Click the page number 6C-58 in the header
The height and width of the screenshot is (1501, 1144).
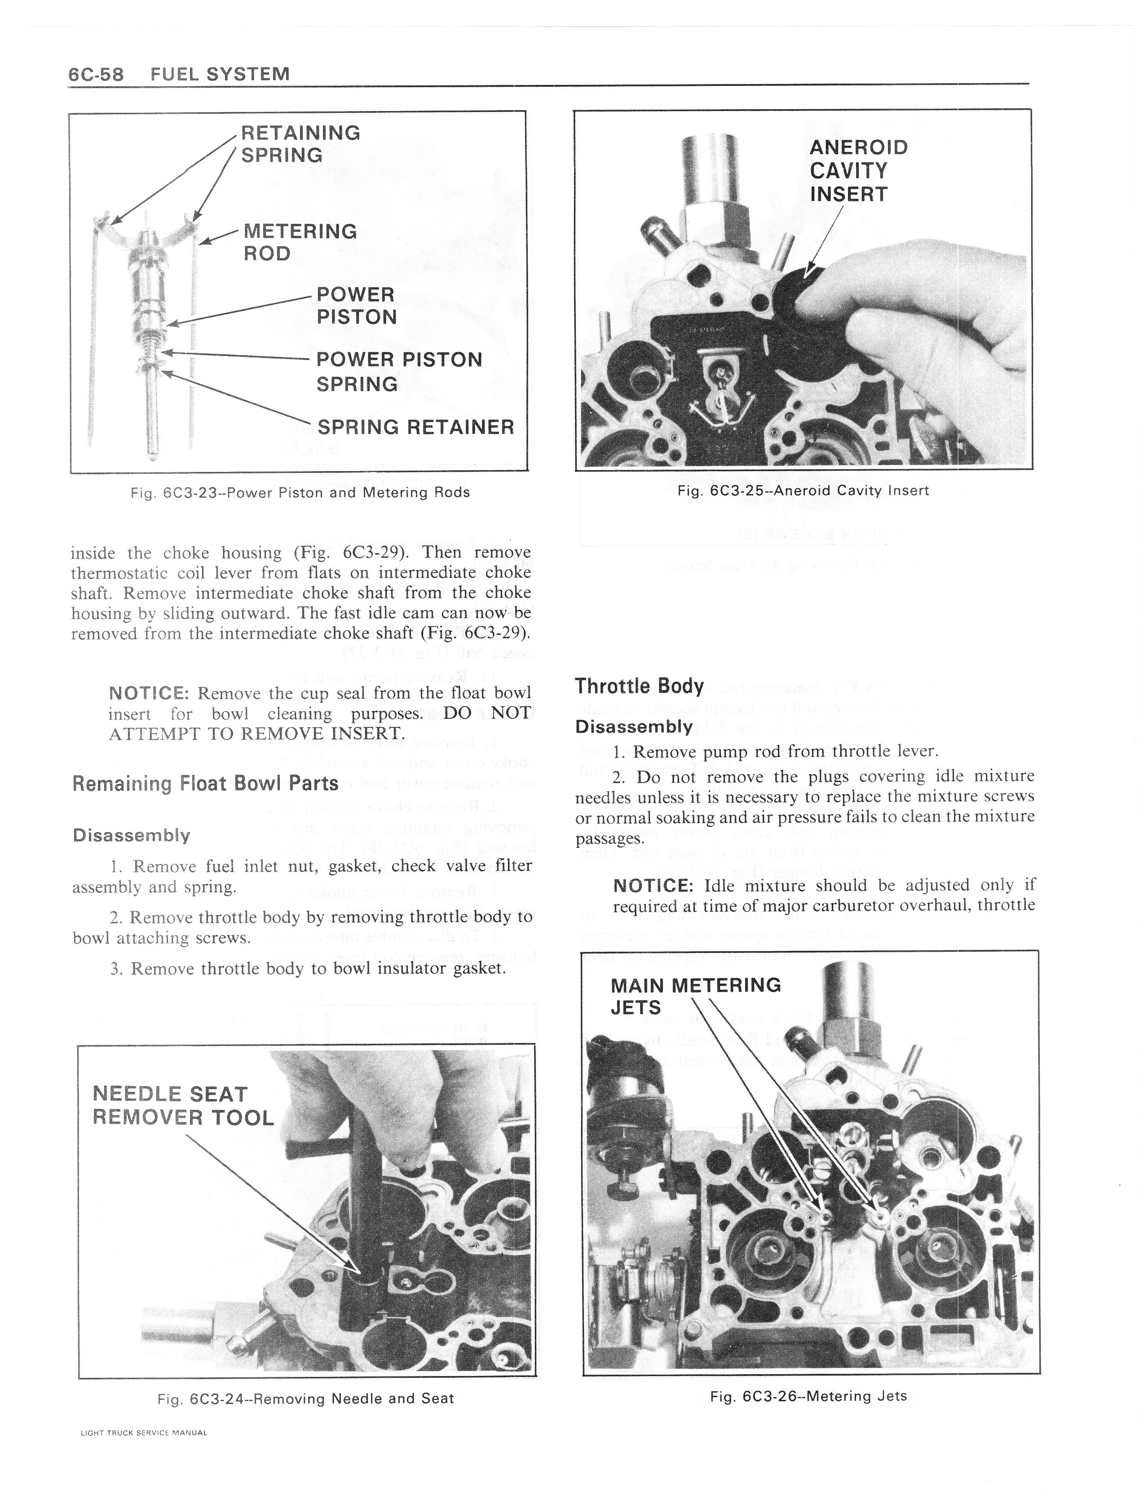[x=96, y=74]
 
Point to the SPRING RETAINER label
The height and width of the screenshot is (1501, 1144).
[x=415, y=427]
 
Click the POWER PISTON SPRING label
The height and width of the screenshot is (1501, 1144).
[x=399, y=371]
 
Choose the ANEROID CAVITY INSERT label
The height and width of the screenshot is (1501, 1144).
[x=858, y=171]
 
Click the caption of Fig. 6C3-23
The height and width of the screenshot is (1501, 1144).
[x=300, y=492]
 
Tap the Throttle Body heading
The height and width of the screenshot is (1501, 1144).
[x=639, y=686]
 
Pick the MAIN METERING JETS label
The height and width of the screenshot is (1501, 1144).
[x=695, y=996]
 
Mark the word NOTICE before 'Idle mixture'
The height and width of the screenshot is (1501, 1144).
[x=653, y=886]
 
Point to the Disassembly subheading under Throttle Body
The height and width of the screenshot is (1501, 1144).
[x=633, y=726]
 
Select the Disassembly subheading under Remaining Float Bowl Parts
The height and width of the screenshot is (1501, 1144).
[x=132, y=835]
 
